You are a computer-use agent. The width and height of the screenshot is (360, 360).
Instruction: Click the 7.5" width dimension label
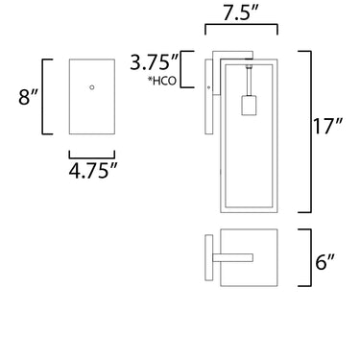(240, 12)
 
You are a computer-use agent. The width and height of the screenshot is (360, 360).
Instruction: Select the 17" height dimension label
(327, 126)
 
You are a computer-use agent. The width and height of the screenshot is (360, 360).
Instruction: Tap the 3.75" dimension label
(154, 62)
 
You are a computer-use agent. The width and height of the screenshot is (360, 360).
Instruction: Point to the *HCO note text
(162, 81)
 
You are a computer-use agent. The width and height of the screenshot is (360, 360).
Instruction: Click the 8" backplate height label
(28, 97)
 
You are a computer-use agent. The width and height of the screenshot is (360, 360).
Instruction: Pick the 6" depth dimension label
(324, 262)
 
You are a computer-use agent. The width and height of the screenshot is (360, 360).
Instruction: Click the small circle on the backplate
(92, 87)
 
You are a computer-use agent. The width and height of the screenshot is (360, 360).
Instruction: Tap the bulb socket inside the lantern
(249, 105)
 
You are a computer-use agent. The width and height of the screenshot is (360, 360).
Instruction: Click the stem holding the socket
(249, 82)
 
